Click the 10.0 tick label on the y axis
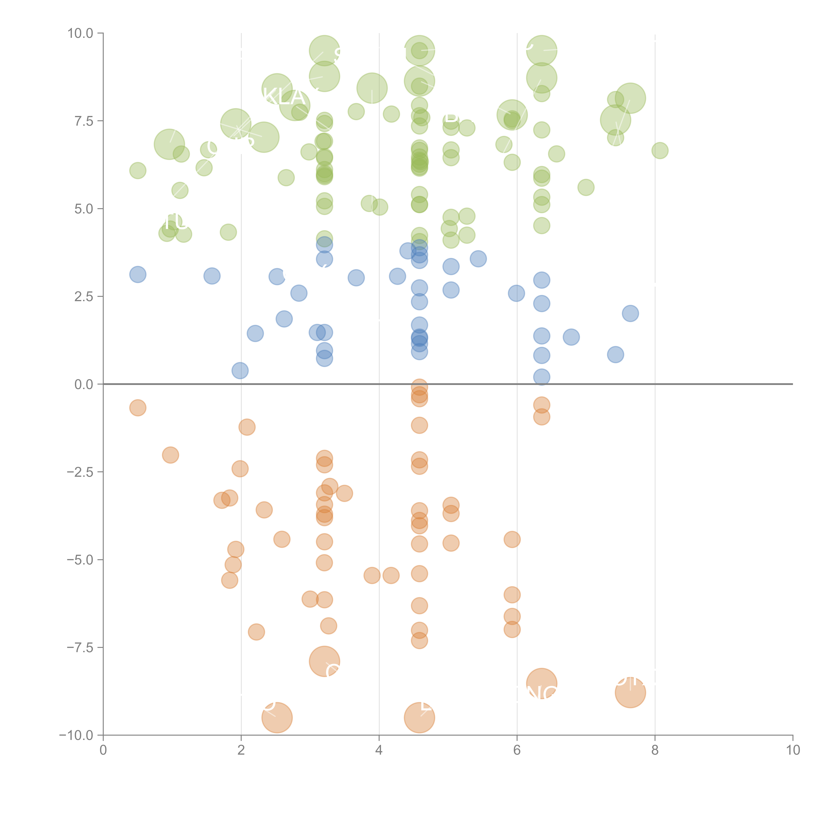pyautogui.click(x=80, y=33)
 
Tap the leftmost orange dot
pyautogui.click(x=138, y=408)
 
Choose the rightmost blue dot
pyautogui.click(x=630, y=313)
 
